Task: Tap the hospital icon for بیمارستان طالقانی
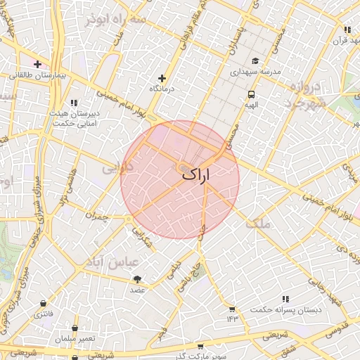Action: (x=38, y=64)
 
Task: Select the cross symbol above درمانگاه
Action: (x=162, y=79)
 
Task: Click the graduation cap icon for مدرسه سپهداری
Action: (x=255, y=61)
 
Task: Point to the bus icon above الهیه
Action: (x=251, y=94)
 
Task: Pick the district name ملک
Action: (x=259, y=224)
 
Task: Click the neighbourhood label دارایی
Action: (x=115, y=169)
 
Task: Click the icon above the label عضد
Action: (x=136, y=280)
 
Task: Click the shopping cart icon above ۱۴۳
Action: (x=232, y=309)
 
